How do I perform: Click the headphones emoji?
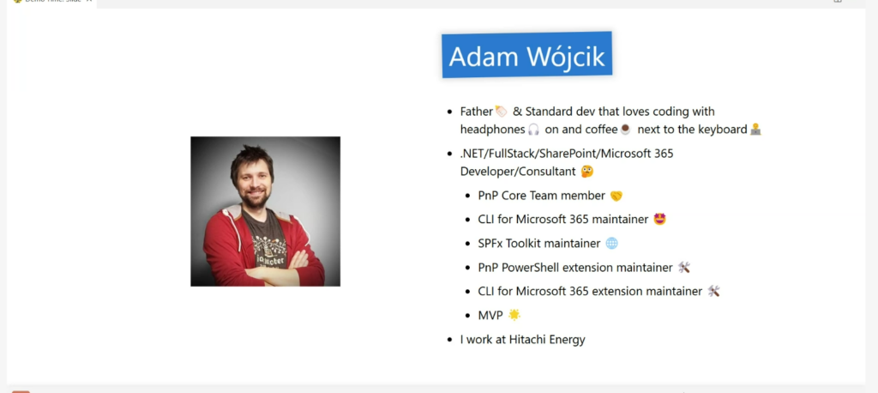533,130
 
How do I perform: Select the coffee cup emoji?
625,130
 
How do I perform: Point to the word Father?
477,112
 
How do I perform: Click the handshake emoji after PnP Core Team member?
616,196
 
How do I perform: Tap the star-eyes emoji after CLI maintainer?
659,219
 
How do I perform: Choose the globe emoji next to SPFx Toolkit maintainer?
611,244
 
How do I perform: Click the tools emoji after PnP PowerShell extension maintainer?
683,268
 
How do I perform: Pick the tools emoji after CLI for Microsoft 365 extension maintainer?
713,291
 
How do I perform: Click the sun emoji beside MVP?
514,315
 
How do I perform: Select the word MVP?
490,316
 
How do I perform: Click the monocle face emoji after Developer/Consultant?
586,172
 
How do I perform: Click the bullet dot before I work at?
449,340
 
